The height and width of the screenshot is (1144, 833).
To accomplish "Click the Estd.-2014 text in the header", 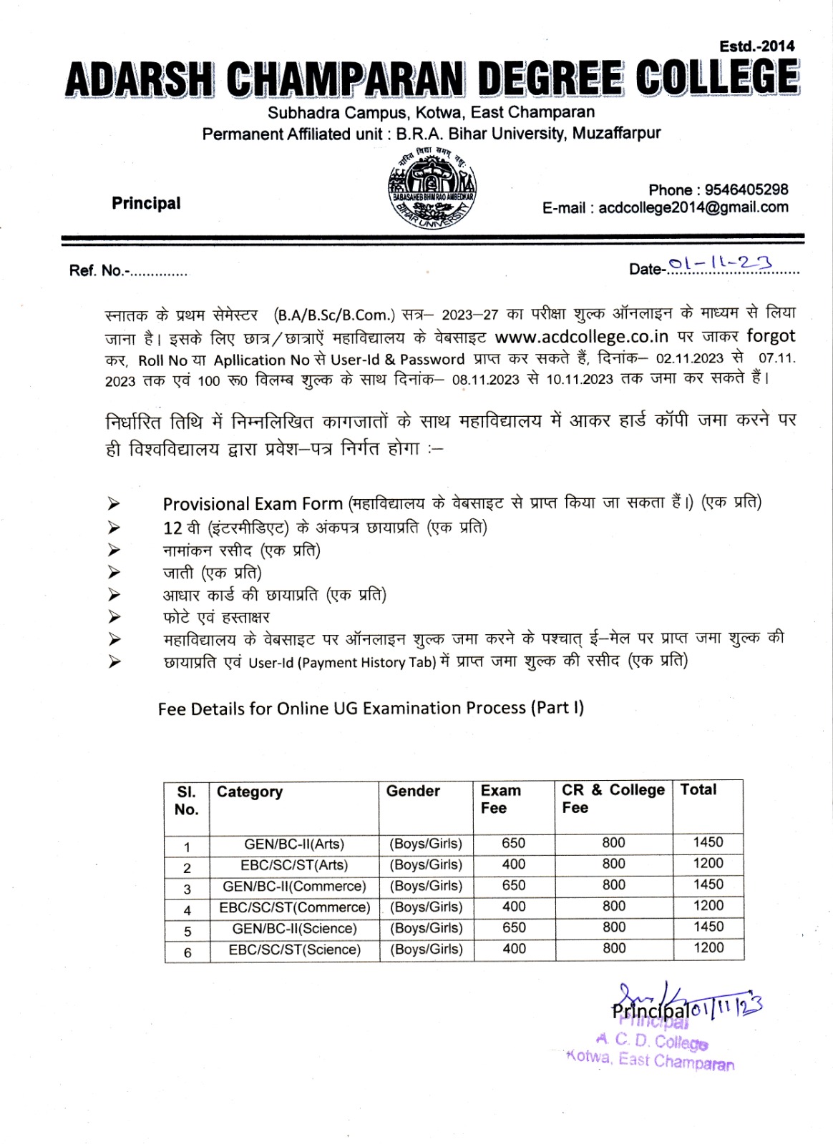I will tap(756, 46).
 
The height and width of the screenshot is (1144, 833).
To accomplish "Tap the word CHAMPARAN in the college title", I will tap(345, 79).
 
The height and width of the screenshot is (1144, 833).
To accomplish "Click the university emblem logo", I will tap(432, 190).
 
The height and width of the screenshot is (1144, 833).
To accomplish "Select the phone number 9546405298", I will tap(746, 190).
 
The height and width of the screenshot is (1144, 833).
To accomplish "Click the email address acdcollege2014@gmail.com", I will tap(693, 208).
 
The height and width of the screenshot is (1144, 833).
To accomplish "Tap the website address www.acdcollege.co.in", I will tap(581, 337).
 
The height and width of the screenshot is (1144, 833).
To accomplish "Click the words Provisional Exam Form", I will tap(253, 504).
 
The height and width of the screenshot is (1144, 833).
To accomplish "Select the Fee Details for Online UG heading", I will tap(370, 709).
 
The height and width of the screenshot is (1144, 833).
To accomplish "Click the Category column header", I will tap(250, 792).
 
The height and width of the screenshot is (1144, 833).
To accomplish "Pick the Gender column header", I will tap(413, 792).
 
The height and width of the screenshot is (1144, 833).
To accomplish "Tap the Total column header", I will tap(698, 790).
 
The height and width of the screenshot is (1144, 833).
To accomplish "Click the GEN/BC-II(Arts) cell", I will tap(294, 844).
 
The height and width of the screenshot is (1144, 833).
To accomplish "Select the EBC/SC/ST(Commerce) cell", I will tap(294, 907).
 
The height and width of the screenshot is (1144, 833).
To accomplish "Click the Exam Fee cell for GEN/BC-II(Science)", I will tap(514, 928).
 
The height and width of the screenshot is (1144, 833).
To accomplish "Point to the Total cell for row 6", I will tap(708, 948).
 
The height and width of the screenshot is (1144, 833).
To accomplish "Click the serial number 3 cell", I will tap(187, 889).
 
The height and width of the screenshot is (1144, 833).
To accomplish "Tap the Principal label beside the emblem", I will tap(146, 204).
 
